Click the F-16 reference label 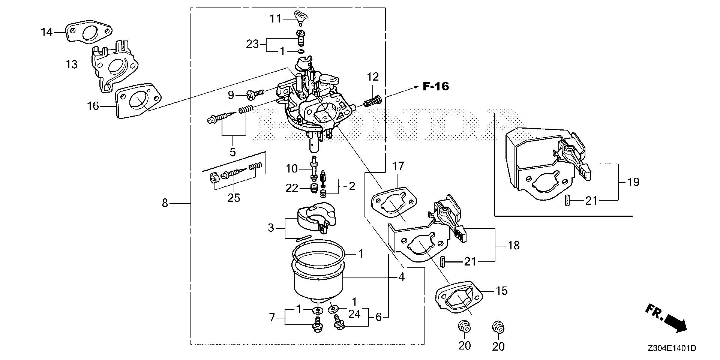(x=436, y=87)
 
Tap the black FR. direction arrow (x=671, y=323)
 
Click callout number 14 (x=47, y=33)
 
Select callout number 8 (x=165, y=203)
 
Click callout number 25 (x=234, y=197)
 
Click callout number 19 (x=633, y=183)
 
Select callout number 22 (x=291, y=188)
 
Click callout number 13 (x=72, y=65)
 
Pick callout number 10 (x=291, y=169)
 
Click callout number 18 (x=513, y=246)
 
